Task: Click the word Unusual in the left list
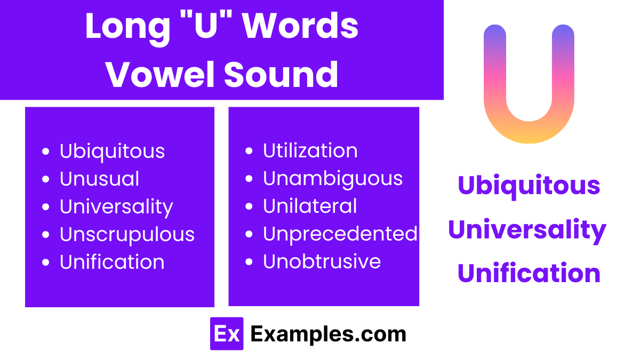pos(99,179)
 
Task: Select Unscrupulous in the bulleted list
pos(127,234)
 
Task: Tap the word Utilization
pos(310,150)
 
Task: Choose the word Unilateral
pos(310,206)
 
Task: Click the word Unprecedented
pos(340,234)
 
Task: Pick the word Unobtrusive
pos(322,261)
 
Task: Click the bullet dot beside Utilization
pos(249,151)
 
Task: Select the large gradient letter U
pos(529,85)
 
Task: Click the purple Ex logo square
pos(227,334)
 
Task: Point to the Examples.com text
pos(328,334)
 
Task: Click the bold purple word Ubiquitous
pos(529,185)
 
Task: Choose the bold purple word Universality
pos(527,230)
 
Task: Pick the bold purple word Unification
pos(529,273)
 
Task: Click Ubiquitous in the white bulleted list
pos(112,151)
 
